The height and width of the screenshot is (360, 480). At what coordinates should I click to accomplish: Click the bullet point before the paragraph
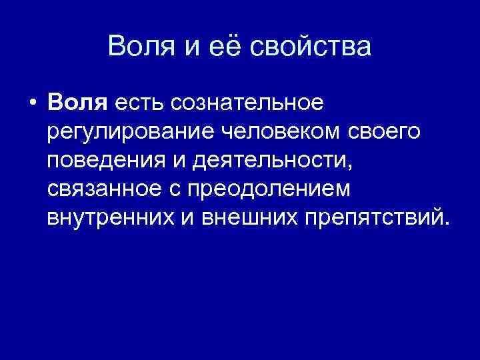[x=31, y=104]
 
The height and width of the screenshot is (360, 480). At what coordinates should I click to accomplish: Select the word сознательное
[x=247, y=103]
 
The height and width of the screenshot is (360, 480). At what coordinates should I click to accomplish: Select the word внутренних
[x=110, y=218]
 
